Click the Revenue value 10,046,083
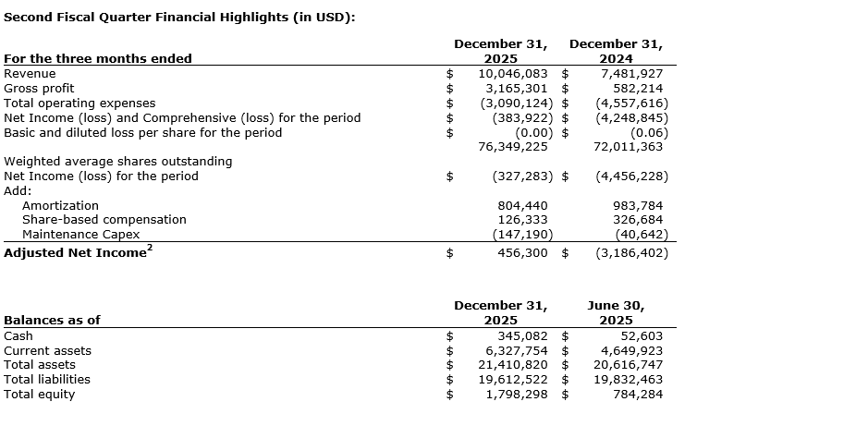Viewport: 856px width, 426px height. (x=513, y=74)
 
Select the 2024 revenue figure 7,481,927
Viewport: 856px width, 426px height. (x=631, y=74)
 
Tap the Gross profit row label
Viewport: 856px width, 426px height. (x=39, y=89)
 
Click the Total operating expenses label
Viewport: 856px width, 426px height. (x=79, y=103)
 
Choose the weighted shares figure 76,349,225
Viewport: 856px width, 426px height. (x=513, y=146)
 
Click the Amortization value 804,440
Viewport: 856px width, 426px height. (x=522, y=205)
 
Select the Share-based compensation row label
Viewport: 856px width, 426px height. (x=104, y=220)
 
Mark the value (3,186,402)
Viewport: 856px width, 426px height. (x=631, y=253)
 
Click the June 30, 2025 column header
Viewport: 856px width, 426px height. (x=616, y=312)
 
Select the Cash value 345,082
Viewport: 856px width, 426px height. (x=522, y=336)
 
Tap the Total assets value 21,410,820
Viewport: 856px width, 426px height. (x=513, y=365)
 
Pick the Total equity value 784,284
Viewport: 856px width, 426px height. (x=638, y=395)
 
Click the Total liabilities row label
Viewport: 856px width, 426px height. (x=47, y=380)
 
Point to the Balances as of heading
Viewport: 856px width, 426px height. (x=52, y=321)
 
